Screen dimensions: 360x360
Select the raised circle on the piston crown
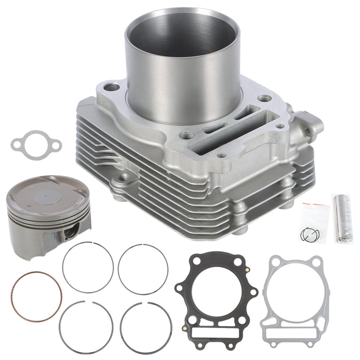(x=47, y=197)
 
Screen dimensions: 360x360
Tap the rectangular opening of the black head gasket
(x=216, y=333)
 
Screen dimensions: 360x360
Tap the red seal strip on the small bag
(x=315, y=205)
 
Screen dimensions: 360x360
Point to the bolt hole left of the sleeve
(x=111, y=87)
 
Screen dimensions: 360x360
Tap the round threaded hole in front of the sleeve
(x=186, y=135)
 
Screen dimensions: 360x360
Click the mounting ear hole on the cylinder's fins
(x=122, y=177)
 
